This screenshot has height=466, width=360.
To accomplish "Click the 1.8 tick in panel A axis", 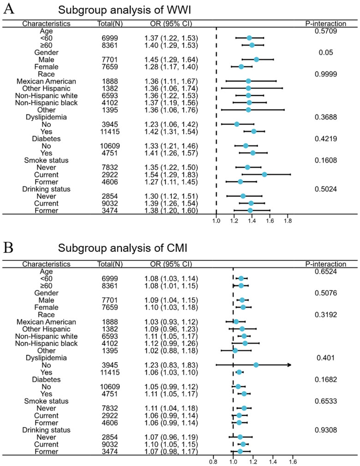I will [x=288, y=221].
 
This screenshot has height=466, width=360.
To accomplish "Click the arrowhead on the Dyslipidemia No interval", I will [x=289, y=364].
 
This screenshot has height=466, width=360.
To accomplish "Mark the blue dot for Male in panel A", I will [x=256, y=60].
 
